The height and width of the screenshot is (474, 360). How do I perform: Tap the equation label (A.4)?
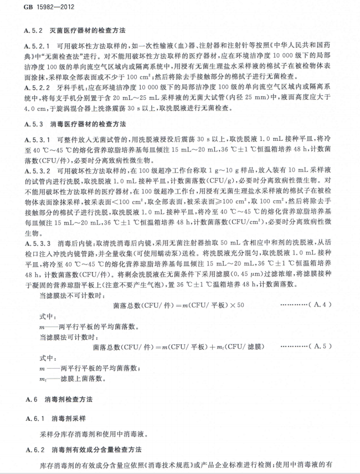pyautogui.click(x=321, y=305)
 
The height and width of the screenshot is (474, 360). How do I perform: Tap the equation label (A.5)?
pyautogui.click(x=321, y=347)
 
